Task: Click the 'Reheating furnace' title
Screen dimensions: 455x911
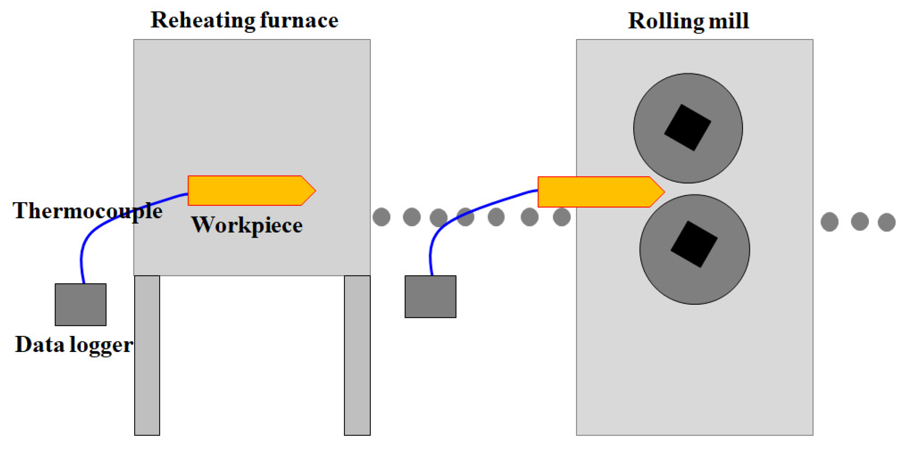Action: click(244, 20)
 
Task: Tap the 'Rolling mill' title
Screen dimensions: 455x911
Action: click(688, 21)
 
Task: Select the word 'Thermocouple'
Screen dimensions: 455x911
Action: click(87, 211)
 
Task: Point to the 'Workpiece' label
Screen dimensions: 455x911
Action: click(247, 225)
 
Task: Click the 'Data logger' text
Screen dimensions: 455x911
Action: click(74, 345)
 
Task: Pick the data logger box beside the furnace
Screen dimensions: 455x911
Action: click(80, 304)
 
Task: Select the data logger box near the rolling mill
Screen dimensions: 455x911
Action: click(430, 297)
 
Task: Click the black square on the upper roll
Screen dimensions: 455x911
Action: click(687, 127)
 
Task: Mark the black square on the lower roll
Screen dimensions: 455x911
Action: click(694, 244)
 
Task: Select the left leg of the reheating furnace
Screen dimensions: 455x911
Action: click(147, 355)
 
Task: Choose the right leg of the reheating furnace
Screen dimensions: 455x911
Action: click(357, 355)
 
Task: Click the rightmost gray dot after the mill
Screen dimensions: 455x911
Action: click(886, 222)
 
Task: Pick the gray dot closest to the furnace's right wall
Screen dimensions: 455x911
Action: click(381, 217)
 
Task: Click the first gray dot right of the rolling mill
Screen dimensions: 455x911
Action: click(829, 222)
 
